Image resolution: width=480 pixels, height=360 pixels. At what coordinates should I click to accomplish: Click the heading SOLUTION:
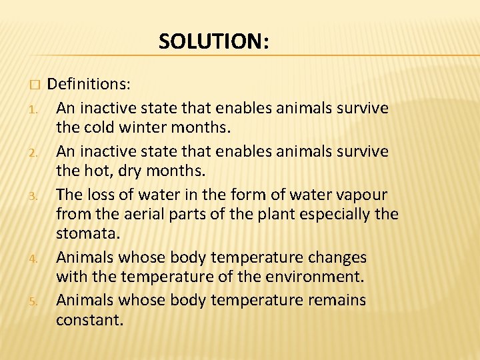(214, 42)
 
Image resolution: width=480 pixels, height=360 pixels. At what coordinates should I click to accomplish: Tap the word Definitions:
(89, 84)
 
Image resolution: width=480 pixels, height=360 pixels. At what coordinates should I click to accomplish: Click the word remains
(337, 300)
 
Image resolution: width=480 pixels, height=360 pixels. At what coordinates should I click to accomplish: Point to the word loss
(108, 195)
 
